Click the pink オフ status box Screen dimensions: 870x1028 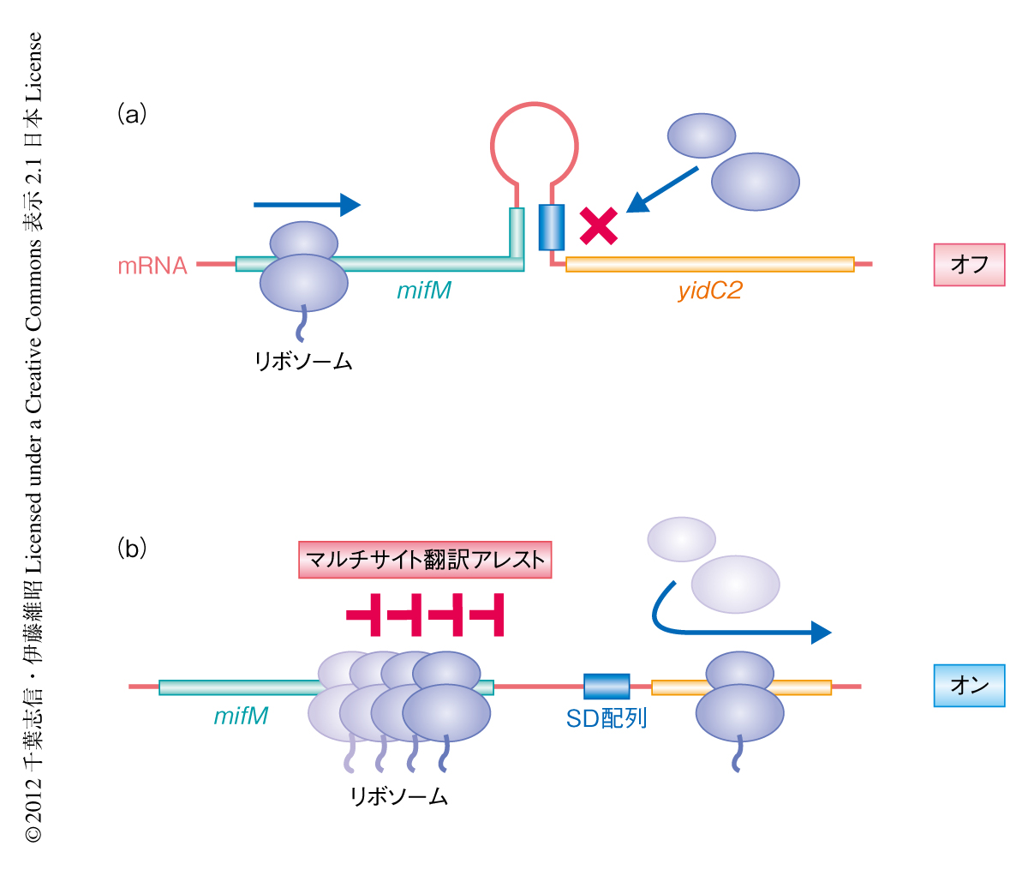[969, 265]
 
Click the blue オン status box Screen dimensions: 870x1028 [969, 686]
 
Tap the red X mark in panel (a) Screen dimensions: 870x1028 [599, 225]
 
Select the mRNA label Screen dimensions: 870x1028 [152, 266]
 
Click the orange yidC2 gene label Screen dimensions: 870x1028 [709, 291]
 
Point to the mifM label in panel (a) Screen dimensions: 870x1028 [424, 291]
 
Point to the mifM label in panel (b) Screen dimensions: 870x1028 [241, 716]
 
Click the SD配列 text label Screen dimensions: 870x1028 [607, 718]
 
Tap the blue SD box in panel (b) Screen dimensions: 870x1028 [607, 687]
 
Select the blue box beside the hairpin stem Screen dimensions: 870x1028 [552, 227]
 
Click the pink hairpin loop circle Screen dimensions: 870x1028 [534, 142]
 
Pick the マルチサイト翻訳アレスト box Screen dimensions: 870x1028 [425, 561]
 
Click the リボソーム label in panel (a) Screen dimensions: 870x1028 [303, 362]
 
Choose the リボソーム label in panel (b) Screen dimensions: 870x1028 [398, 797]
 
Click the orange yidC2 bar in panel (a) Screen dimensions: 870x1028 [710, 264]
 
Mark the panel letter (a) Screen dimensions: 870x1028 [132, 113]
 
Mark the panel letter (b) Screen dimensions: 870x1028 [132, 548]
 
